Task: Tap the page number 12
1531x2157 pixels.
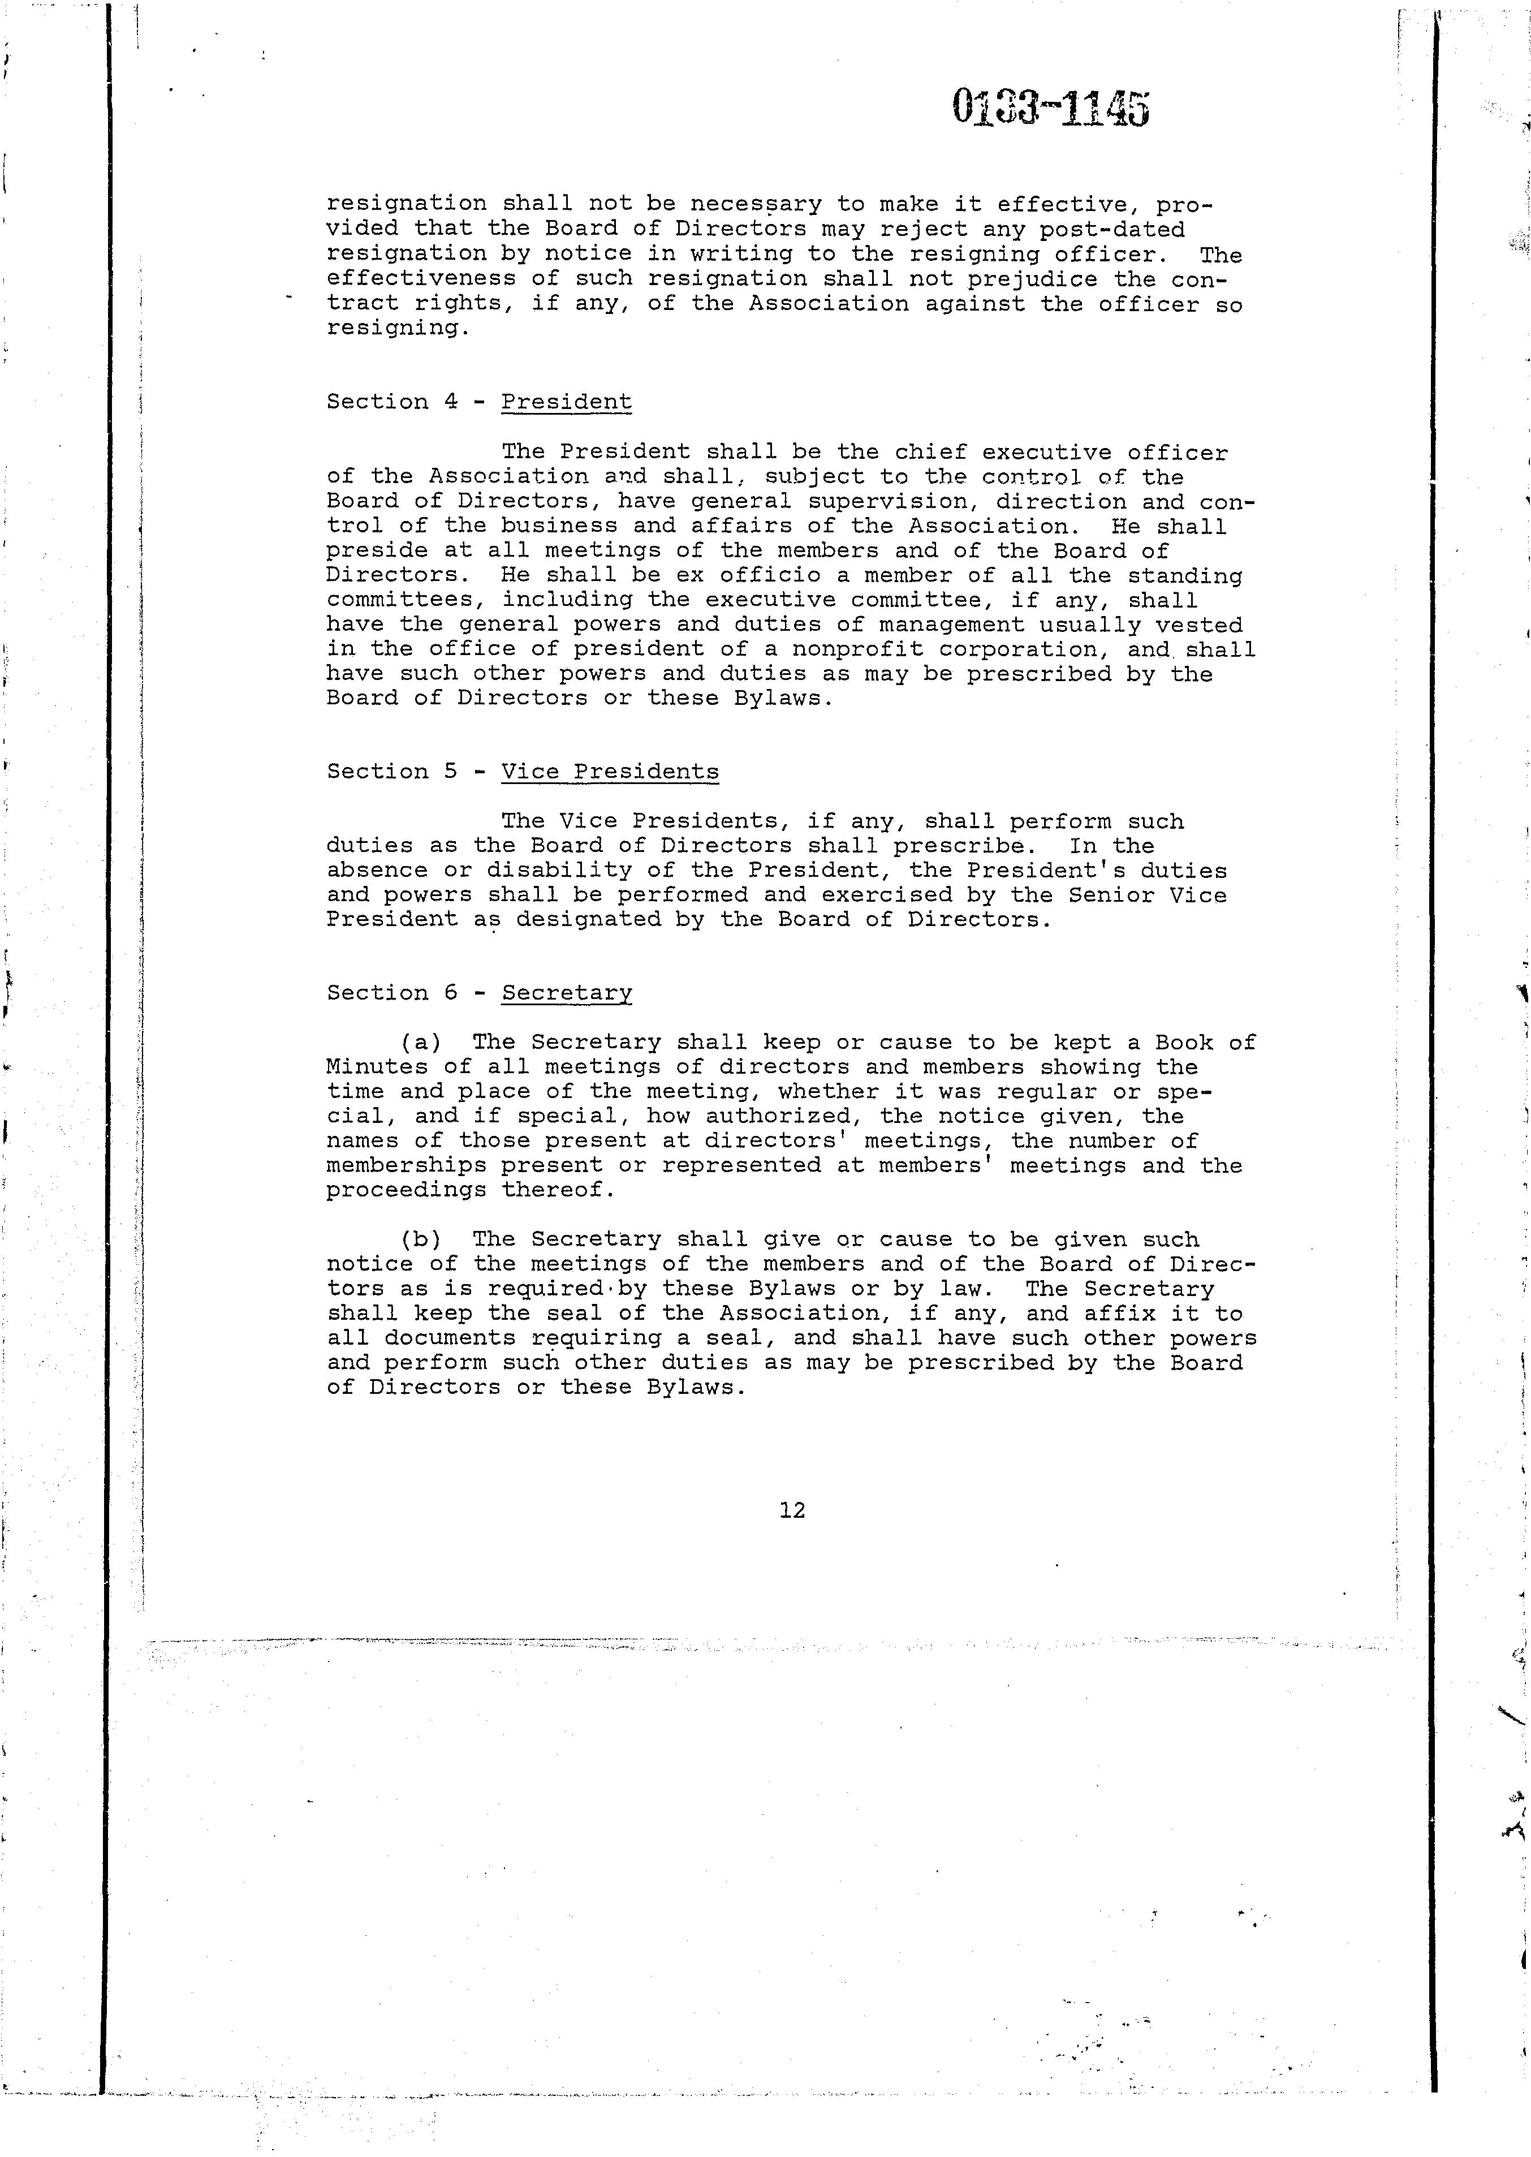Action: [792, 1509]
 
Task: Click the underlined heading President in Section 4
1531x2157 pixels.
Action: [566, 402]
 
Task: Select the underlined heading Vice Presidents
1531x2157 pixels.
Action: [609, 771]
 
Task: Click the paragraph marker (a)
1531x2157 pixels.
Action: [420, 1043]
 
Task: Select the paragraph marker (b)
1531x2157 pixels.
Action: [420, 1239]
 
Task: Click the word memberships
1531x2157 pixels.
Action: [406, 1166]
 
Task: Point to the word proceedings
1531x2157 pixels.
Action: [406, 1191]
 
